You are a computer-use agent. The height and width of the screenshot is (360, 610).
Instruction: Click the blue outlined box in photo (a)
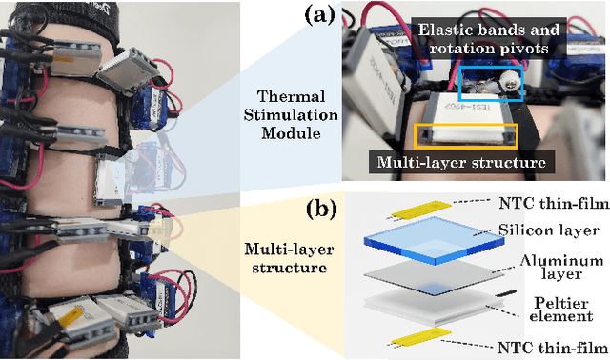pos(489,84)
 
